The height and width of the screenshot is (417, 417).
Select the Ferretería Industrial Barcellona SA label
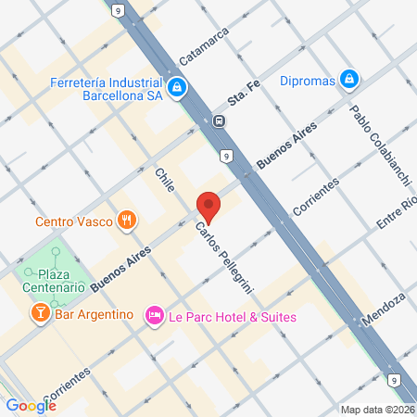point(107,88)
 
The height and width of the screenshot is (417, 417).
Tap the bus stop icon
point(218,120)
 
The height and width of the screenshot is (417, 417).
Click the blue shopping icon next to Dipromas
point(348,79)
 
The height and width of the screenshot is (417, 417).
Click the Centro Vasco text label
point(73,221)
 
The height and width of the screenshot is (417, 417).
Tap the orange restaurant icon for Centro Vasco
point(127,221)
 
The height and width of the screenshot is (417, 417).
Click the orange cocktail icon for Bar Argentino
point(40,316)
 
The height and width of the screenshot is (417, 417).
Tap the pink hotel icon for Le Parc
point(154,316)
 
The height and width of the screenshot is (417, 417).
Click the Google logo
point(31,405)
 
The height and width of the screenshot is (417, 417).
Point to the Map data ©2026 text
point(377,410)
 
